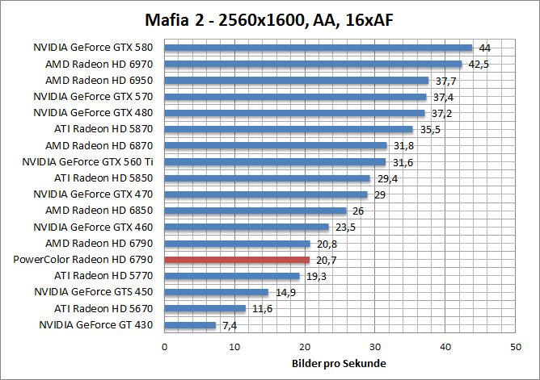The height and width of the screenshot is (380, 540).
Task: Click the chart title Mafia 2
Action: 270,18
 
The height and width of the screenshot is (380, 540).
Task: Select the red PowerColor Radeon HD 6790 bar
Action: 237,260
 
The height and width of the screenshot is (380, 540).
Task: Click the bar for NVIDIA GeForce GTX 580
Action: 319,48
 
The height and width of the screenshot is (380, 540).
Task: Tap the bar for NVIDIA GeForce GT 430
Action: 190,325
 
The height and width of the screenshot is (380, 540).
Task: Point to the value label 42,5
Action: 480,64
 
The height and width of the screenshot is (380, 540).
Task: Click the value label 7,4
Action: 229,325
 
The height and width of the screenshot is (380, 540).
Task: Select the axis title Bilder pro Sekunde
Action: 339,364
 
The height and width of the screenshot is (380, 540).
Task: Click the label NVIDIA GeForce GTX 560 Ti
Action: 92,161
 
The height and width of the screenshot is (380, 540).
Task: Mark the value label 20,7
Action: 327,260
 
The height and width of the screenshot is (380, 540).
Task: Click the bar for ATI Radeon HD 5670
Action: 205,308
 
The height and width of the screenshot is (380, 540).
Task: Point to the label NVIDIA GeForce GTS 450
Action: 98,292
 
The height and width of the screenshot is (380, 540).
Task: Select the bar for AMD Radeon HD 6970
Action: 313,64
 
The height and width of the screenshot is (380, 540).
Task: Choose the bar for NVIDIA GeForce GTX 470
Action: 266,194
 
